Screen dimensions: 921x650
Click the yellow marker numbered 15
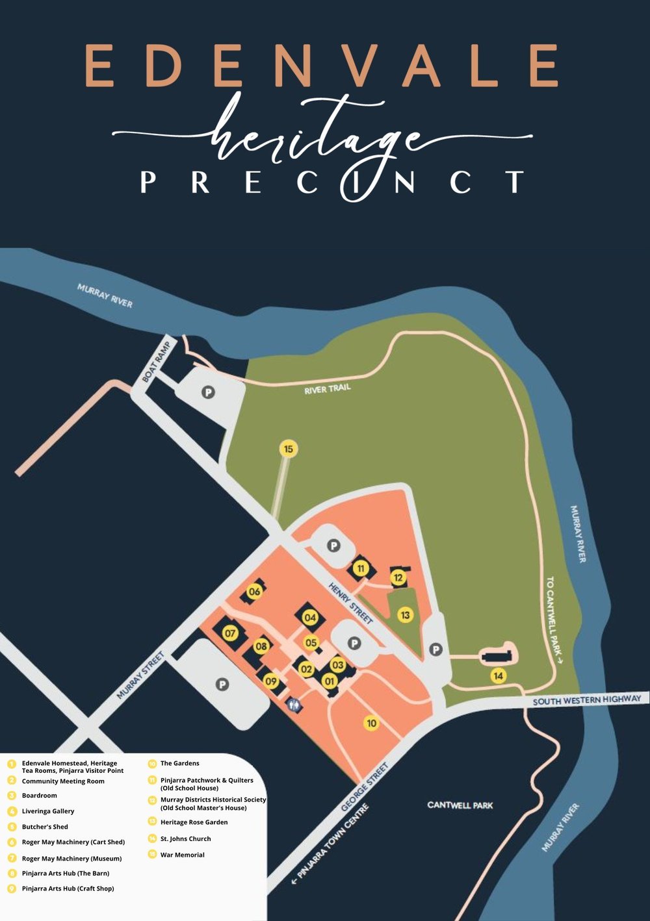point(289,449)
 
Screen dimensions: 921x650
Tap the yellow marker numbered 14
point(499,675)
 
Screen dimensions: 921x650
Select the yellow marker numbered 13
point(406,614)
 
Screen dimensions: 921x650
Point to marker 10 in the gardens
point(371,723)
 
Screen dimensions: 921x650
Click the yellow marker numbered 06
point(254,591)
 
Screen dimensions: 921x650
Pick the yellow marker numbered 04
point(310,618)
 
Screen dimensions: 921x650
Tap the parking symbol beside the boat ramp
point(208,392)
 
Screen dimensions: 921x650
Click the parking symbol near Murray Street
point(222,685)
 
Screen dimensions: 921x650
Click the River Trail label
point(328,389)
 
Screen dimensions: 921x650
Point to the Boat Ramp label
point(156,360)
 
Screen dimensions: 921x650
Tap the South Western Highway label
point(586,700)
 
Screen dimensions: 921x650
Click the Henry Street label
point(351,603)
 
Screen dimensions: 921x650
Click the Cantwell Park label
point(460,805)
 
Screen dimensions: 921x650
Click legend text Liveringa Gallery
point(48,811)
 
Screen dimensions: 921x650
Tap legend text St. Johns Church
point(185,839)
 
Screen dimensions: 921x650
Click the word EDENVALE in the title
point(322,66)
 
